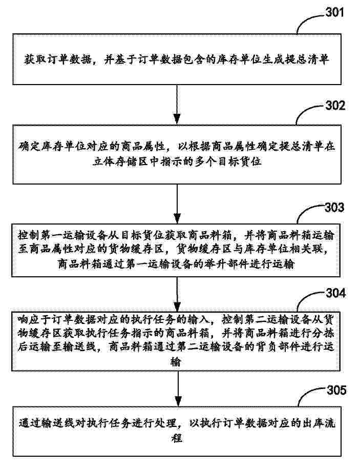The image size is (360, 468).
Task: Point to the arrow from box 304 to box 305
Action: (x=177, y=388)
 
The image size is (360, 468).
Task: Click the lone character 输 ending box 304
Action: (x=177, y=361)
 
